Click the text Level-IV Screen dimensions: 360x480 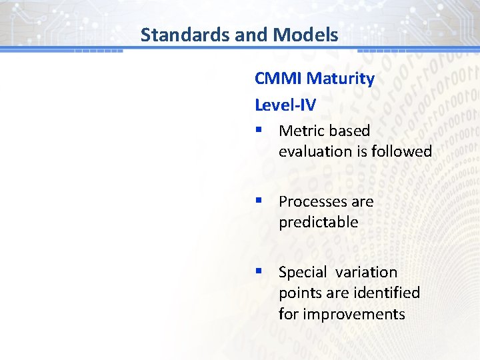[285, 105]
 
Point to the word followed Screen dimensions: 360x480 [402, 151]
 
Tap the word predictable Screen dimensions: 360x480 [318, 222]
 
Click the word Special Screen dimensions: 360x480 [303, 272]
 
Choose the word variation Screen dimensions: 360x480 [366, 272]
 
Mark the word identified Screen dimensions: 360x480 [387, 293]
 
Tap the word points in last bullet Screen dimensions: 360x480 [299, 293]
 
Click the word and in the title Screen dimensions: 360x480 [248, 35]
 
